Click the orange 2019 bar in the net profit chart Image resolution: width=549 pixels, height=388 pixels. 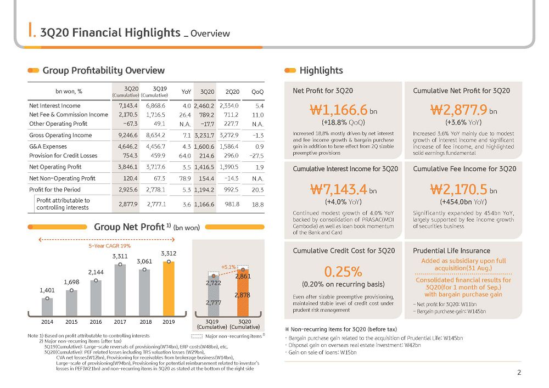[169, 289]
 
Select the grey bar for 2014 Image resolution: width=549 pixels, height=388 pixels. [47, 307]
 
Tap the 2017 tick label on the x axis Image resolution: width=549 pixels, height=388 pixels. [120, 322]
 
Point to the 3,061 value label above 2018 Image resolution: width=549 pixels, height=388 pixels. [144, 261]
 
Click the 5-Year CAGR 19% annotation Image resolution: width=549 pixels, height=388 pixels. [110, 246]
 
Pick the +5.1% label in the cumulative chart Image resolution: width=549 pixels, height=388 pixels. [228, 267]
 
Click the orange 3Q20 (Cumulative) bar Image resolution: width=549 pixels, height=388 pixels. [243, 293]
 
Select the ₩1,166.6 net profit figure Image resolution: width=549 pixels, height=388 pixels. [339, 110]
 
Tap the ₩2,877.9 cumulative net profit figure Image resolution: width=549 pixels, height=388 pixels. [458, 110]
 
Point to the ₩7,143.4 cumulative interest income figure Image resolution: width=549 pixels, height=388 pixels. [339, 190]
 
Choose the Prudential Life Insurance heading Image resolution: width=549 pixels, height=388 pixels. [451, 251]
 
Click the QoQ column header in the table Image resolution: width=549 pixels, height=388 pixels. [257, 92]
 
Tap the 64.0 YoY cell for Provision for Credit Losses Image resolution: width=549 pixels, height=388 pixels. [185, 156]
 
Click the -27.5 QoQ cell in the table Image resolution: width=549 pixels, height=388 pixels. [257, 156]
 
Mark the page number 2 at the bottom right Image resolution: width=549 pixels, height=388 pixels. [519, 373]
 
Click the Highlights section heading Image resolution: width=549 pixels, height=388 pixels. [321, 71]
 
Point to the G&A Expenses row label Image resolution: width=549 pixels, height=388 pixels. [48, 147]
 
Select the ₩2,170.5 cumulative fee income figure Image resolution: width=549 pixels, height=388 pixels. [458, 190]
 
